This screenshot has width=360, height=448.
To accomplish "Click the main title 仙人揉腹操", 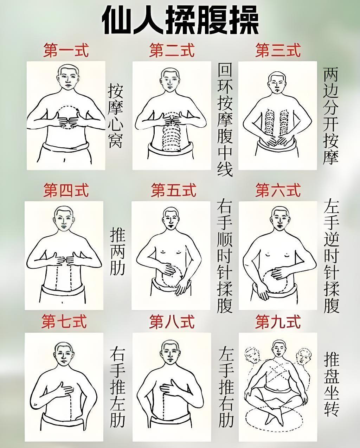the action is click(180, 21).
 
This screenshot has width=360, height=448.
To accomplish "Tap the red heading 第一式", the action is click(66, 50).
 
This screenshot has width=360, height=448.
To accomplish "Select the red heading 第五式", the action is click(174, 190).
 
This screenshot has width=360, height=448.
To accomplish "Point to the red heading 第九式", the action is click(278, 327).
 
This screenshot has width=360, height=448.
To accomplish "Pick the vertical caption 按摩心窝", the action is click(116, 116).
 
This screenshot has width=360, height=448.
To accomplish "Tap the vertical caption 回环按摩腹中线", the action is click(225, 120).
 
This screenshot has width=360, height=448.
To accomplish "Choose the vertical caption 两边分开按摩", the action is click(331, 116).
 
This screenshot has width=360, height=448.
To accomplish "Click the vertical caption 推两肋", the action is click(117, 251).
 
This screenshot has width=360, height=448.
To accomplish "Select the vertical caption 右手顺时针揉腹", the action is click(225, 257).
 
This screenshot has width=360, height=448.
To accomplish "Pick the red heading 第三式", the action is click(278, 50).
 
